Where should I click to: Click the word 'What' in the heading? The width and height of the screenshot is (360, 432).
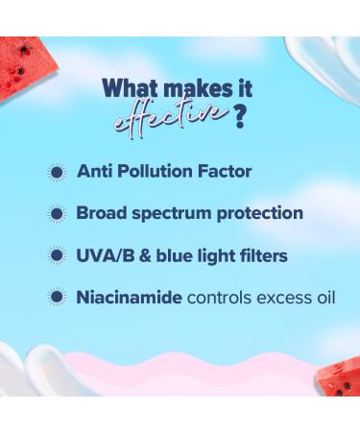(x=129, y=89)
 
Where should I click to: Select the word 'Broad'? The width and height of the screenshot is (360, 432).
(x=102, y=213)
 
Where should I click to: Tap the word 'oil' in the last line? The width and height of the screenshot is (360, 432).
(x=323, y=297)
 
